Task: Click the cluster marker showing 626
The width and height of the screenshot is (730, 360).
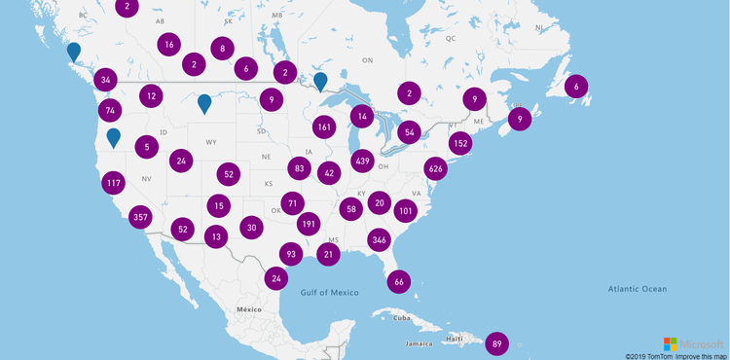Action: click(x=435, y=168)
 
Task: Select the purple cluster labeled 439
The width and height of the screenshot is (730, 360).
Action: click(x=363, y=161)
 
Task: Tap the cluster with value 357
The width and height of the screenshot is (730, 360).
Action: click(x=140, y=217)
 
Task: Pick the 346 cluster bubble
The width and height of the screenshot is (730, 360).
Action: click(x=380, y=239)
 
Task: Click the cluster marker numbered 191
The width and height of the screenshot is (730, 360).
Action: click(x=309, y=223)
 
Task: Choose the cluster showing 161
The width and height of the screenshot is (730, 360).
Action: click(x=325, y=126)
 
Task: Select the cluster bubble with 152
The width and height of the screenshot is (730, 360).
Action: click(x=460, y=143)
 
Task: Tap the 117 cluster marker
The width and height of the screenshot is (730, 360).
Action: click(x=113, y=183)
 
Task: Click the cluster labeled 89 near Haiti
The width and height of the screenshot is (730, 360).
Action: click(x=497, y=343)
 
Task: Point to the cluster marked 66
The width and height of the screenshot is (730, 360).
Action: click(x=399, y=281)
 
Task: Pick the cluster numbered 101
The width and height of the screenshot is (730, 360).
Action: click(x=406, y=211)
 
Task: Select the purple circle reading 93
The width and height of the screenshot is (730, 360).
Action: click(x=290, y=254)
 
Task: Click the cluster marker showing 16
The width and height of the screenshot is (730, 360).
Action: click(x=169, y=45)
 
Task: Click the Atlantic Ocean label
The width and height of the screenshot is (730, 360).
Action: click(x=639, y=289)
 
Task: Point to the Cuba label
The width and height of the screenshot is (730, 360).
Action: click(x=402, y=317)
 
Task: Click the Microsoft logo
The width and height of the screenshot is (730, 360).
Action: click(x=693, y=344)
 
